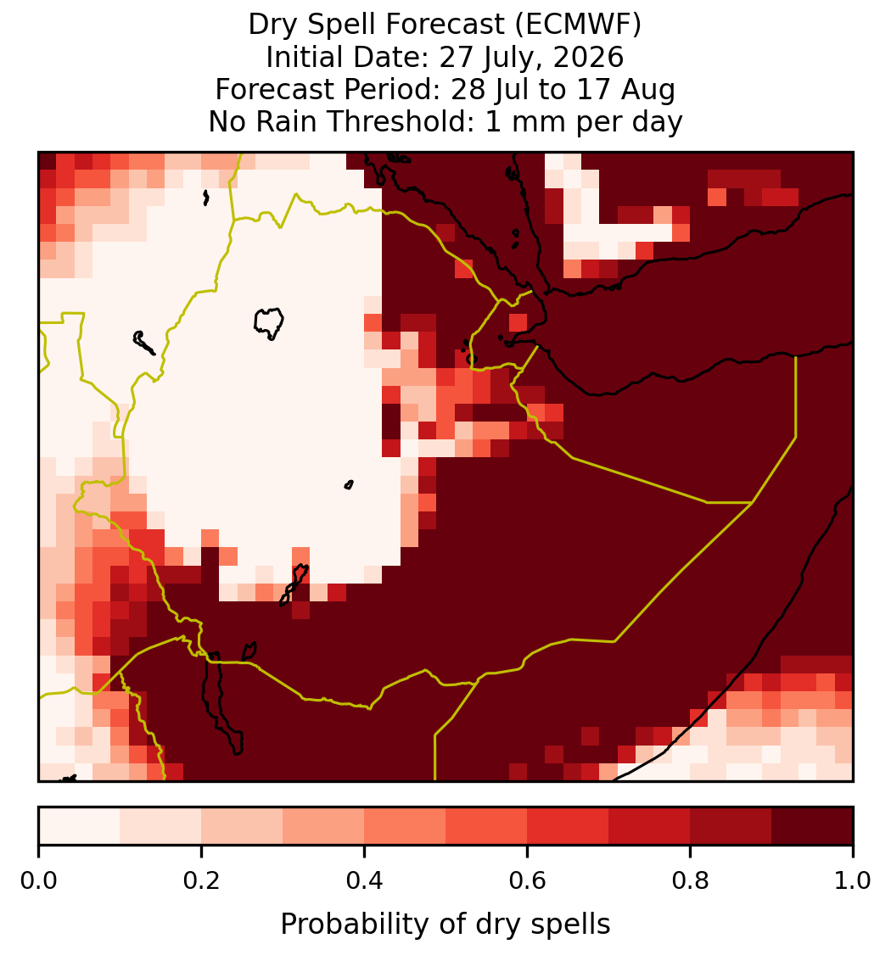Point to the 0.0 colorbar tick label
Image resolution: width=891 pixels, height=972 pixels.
39,880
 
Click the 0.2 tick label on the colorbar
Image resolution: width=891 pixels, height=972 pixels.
202,880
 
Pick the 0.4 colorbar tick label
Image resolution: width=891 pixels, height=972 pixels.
365,880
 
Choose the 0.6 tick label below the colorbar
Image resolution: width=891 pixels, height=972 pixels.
528,880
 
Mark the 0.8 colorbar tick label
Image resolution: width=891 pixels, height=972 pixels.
691,880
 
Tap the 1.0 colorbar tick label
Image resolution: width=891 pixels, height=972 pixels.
853,880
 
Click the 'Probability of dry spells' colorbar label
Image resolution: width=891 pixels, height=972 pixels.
445,925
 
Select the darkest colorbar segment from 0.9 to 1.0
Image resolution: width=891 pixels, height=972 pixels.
813,826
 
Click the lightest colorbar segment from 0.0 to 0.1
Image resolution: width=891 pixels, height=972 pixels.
80,826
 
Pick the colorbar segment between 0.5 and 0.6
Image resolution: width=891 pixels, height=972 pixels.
487,826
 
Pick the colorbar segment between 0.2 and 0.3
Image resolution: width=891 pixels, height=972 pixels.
243,826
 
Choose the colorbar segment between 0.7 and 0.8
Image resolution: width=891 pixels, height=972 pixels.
650,826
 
